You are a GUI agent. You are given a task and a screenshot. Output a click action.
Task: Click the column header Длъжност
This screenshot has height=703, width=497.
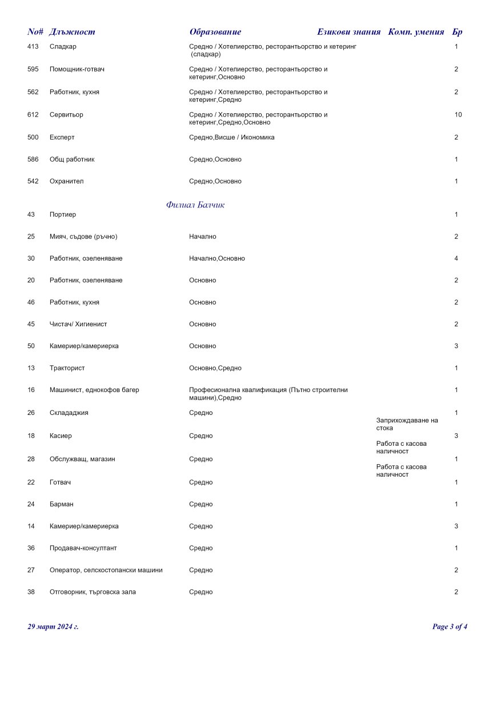tap(72, 32)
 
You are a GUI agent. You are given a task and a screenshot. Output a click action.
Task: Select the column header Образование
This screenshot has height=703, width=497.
tap(215, 32)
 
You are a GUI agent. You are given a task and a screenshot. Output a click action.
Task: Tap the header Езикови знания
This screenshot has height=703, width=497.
tap(348, 32)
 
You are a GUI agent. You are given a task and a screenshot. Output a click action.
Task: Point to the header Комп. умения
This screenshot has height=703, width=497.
tap(416, 32)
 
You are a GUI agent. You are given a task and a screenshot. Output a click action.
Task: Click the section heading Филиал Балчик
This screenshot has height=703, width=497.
tap(195, 205)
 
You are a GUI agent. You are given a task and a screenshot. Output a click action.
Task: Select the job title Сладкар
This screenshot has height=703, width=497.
tap(63, 46)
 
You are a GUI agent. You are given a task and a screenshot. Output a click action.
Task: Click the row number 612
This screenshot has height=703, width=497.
tap(33, 115)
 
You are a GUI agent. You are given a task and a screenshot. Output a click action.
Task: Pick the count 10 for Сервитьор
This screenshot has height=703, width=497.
tap(458, 115)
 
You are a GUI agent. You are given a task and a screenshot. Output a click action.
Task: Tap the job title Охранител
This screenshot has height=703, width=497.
tap(66, 181)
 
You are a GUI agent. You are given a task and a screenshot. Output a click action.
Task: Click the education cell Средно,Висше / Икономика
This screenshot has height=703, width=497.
tap(232, 137)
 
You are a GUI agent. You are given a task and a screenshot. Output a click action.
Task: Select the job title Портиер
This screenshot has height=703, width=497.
tap(63, 214)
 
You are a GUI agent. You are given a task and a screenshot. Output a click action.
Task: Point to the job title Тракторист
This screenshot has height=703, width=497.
tap(67, 368)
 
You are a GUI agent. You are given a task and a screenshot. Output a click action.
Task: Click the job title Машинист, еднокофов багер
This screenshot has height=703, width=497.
tap(94, 390)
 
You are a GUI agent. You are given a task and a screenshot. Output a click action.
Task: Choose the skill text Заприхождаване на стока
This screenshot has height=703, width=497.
tap(407, 424)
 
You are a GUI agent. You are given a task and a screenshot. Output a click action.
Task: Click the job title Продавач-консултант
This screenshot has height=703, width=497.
tap(83, 548)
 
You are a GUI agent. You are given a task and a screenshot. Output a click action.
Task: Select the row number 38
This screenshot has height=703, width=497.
tap(31, 592)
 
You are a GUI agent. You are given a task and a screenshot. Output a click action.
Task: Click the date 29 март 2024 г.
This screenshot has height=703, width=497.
tap(53, 627)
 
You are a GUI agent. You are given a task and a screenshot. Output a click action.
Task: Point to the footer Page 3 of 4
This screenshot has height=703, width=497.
tap(450, 627)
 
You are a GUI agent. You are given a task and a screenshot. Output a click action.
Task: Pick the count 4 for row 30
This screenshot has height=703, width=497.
tap(456, 258)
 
